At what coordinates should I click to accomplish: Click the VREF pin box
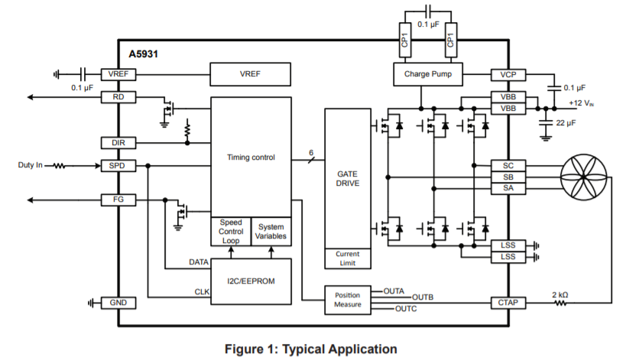[x=118, y=74]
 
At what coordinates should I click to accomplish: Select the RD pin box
[x=118, y=97]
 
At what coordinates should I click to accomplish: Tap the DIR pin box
[x=118, y=142]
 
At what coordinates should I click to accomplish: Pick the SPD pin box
[x=118, y=165]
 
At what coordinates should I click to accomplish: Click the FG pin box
[x=118, y=200]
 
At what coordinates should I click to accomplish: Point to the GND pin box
[x=118, y=303]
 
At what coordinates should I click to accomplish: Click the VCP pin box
[x=508, y=74]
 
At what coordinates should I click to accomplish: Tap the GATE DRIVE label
[x=347, y=179]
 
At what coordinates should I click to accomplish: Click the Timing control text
[x=251, y=157]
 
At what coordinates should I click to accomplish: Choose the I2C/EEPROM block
[x=251, y=281]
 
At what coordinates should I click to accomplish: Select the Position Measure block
[x=347, y=300]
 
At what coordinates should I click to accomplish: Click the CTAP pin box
[x=508, y=303]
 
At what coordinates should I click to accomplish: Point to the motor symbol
[x=587, y=177]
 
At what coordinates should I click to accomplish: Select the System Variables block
[x=271, y=232]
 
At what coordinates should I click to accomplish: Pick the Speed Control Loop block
[x=230, y=232]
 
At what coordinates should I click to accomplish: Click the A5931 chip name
[x=144, y=54]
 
